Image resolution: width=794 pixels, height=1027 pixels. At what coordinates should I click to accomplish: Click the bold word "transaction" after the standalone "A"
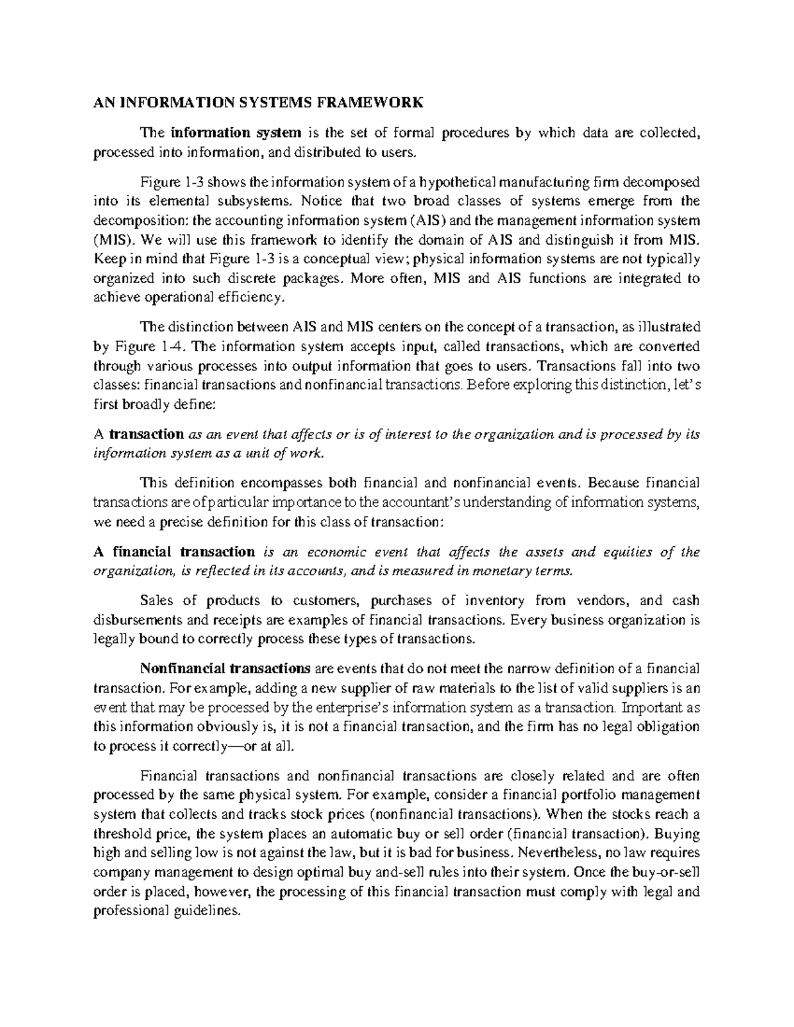click(146, 434)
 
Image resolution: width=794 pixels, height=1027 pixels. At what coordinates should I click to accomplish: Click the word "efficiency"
click(245, 298)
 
